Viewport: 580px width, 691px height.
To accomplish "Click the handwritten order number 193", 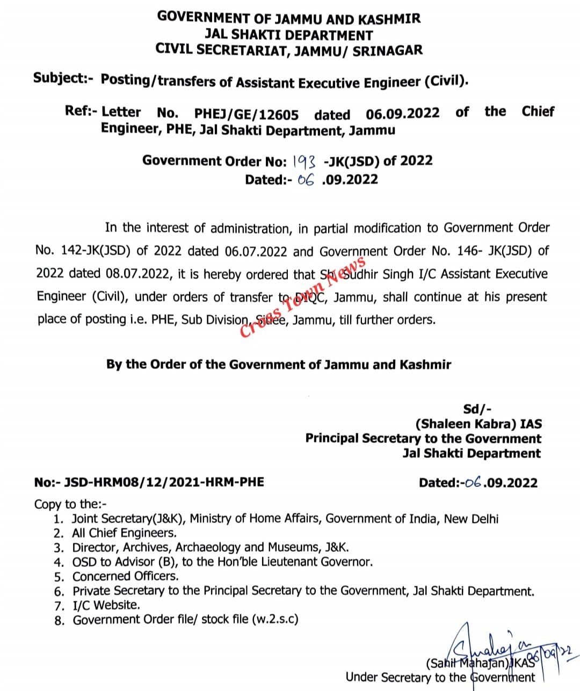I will coord(305,161).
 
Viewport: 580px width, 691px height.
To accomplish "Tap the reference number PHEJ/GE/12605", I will coord(246,114).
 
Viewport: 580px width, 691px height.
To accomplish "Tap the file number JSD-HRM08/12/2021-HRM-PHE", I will coord(164,482).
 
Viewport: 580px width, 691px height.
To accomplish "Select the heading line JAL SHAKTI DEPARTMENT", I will coord(288,35).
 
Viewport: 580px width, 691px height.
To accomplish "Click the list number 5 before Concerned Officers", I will coord(59,577).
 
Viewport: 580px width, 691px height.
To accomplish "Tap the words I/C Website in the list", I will coord(106,605).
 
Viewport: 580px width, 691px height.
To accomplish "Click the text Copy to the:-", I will coord(70,504).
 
